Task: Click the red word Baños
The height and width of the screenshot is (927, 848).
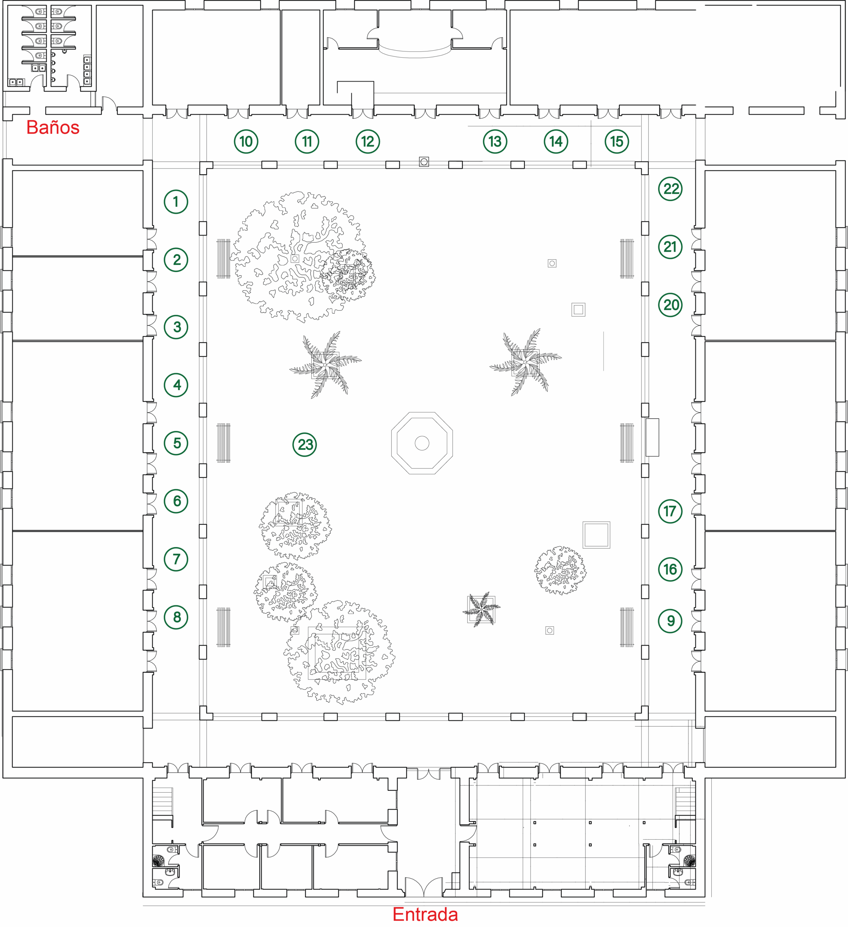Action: tap(53, 127)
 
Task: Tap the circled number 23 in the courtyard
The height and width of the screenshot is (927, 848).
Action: tap(305, 445)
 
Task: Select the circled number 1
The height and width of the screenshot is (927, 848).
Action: tap(176, 201)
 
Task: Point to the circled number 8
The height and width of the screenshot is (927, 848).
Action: tap(176, 617)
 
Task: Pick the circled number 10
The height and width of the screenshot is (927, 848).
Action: tap(246, 142)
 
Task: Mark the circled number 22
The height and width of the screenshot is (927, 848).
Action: tap(670, 189)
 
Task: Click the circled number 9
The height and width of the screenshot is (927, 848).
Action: tap(670, 621)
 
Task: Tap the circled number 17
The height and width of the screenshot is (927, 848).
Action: tap(670, 511)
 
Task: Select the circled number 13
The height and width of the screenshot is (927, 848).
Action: tap(495, 142)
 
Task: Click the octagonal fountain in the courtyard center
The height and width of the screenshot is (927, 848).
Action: tap(422, 443)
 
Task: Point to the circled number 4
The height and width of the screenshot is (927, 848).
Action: tap(176, 385)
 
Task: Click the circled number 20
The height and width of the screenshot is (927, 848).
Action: tap(670, 305)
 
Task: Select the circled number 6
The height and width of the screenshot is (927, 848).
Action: tap(176, 501)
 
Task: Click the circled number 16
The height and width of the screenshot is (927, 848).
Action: tap(670, 569)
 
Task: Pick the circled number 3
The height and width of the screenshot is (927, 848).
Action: tap(176, 327)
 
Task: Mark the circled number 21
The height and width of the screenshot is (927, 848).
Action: tap(670, 247)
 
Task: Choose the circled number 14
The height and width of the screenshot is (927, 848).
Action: tap(556, 142)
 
